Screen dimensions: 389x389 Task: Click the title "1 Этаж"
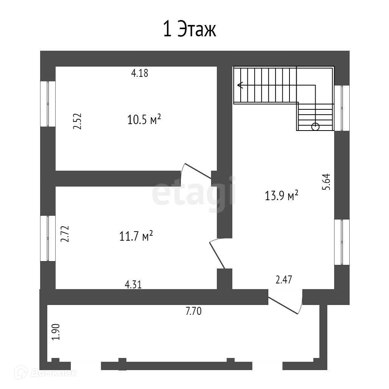[x=190, y=30]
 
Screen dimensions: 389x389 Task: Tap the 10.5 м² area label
[x=144, y=119]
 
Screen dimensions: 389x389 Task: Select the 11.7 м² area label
[x=136, y=236]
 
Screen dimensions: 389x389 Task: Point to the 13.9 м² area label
[x=281, y=195]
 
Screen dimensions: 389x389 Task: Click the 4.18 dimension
[x=140, y=73]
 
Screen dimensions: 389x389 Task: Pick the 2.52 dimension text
[x=77, y=121]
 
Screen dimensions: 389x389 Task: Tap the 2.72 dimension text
[x=65, y=234]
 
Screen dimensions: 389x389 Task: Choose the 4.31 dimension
[x=133, y=285]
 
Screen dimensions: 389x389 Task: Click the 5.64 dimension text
[x=326, y=182]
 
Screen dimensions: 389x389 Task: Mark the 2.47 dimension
[x=284, y=280]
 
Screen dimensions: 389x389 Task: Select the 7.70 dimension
[x=193, y=311]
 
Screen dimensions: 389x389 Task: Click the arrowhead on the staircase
[x=240, y=86]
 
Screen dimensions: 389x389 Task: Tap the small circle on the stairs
[x=315, y=127]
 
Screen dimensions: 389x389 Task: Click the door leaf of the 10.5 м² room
[x=198, y=171]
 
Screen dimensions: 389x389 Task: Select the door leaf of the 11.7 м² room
[x=217, y=255]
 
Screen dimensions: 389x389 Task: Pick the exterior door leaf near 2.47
[x=283, y=305]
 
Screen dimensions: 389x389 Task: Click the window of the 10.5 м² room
[x=48, y=104]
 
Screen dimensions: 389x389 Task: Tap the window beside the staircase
[x=342, y=108]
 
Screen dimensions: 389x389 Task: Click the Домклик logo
[x=45, y=373]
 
